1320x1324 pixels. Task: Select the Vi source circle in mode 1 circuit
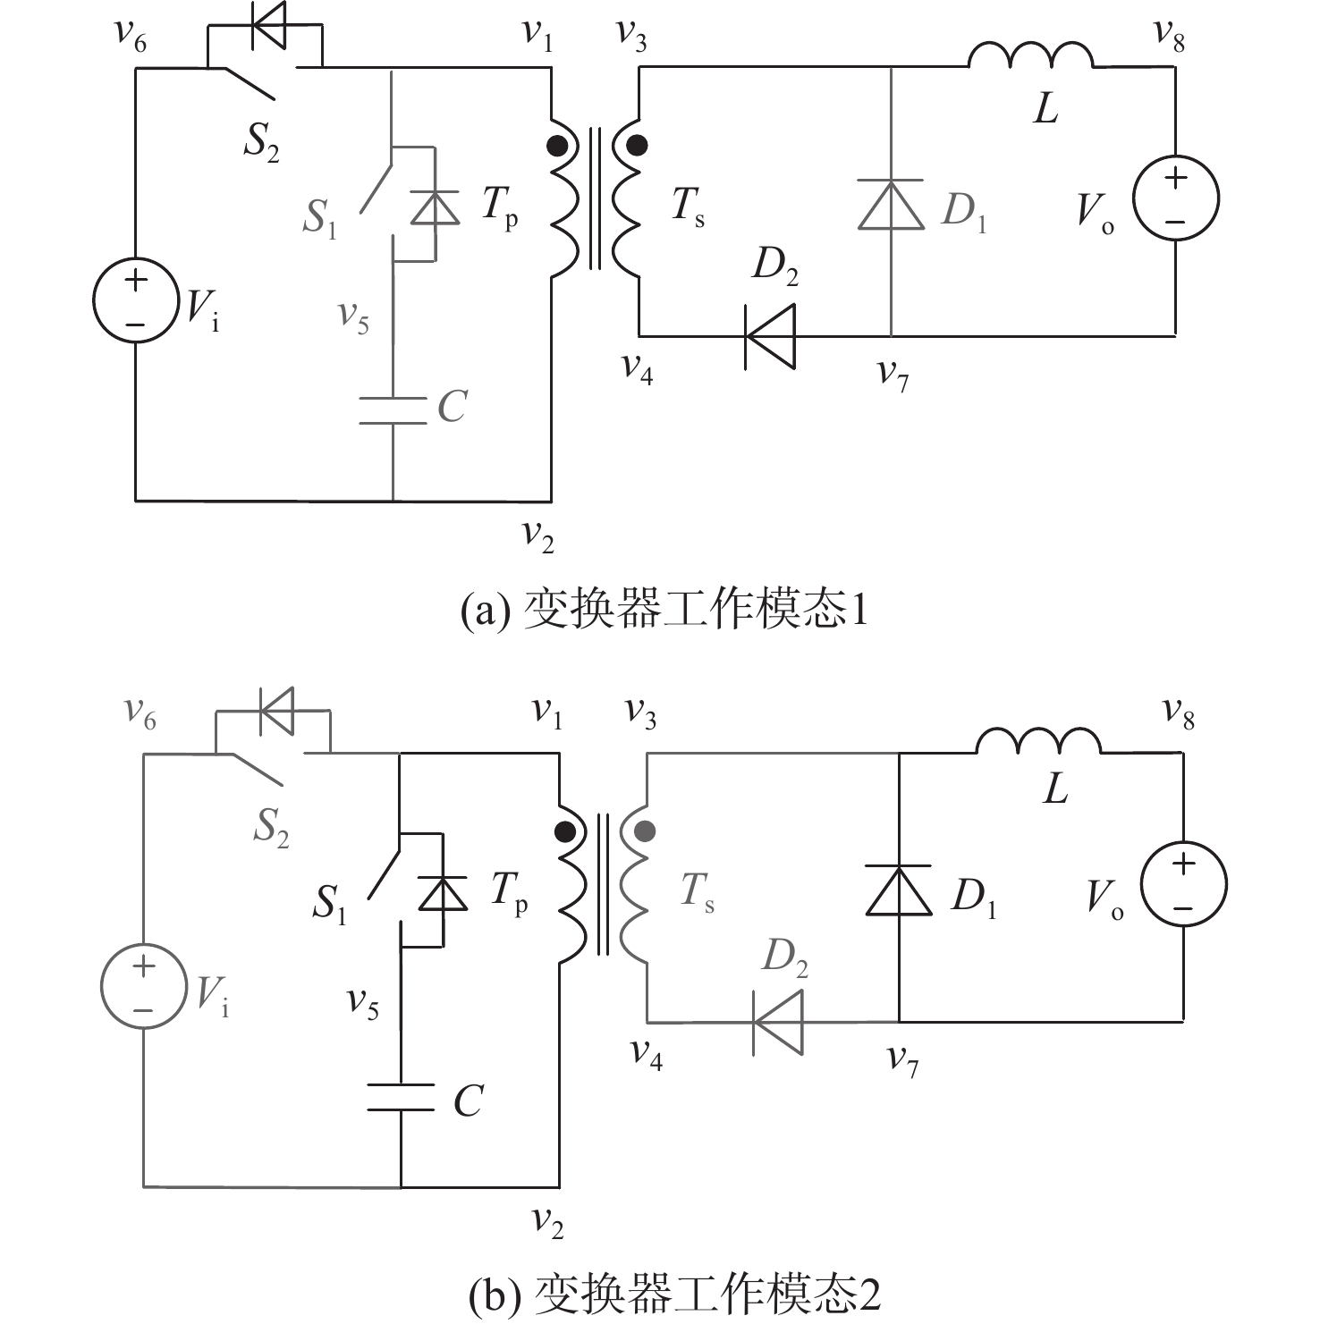pyautogui.click(x=135, y=300)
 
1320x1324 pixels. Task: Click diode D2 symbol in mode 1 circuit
pyautogui.click(x=769, y=336)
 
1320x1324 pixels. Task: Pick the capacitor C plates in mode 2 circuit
pyautogui.click(x=401, y=1098)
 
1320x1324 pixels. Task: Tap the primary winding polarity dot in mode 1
pyautogui.click(x=559, y=145)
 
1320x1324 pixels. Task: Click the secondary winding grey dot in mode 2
pyautogui.click(x=644, y=831)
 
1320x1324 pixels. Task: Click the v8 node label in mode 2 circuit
pyautogui.click(x=1178, y=713)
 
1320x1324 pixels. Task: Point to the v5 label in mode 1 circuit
pyautogui.click(x=353, y=316)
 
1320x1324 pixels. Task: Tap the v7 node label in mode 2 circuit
pyautogui.click(x=902, y=1059)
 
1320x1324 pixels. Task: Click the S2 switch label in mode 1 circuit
pyautogui.click(x=261, y=143)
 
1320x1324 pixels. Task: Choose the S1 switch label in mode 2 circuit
pyautogui.click(x=329, y=904)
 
